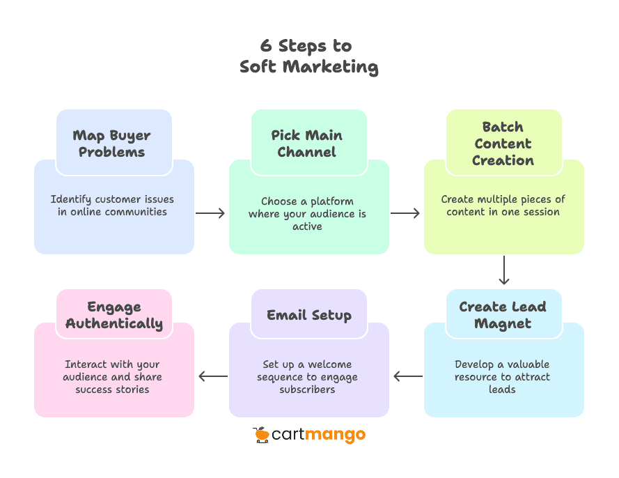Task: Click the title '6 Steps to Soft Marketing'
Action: click(x=309, y=56)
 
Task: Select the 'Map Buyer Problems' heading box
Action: click(x=112, y=144)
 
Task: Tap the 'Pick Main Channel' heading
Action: click(x=307, y=144)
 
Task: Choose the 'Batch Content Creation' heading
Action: click(x=503, y=144)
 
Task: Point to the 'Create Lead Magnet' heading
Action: click(x=503, y=315)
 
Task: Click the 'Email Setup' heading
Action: click(x=309, y=315)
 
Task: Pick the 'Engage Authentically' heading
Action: click(x=114, y=315)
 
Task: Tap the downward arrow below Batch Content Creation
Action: click(x=504, y=271)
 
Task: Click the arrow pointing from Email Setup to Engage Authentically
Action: click(x=212, y=376)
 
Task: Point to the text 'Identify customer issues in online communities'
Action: click(x=112, y=206)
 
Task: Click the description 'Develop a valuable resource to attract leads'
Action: click(x=502, y=377)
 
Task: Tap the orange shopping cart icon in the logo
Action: click(x=261, y=435)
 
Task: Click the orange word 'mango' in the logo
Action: click(x=336, y=436)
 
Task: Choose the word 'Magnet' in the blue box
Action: click(x=503, y=323)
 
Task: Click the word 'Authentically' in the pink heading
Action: click(x=114, y=323)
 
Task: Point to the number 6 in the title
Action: click(x=266, y=47)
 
